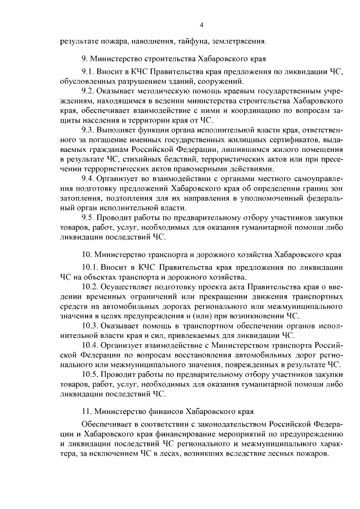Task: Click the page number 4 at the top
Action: click(201, 24)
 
